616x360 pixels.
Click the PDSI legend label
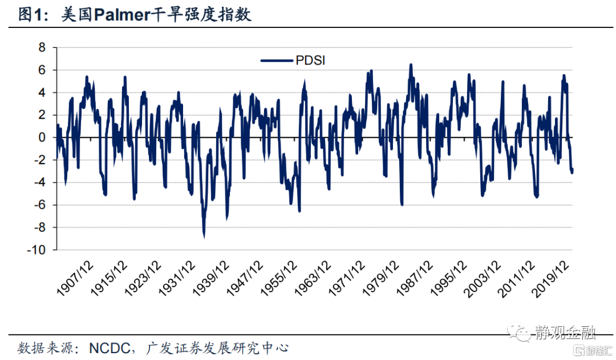point(310,60)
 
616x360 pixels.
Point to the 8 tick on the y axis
point(41,47)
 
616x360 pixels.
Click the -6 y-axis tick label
point(38,205)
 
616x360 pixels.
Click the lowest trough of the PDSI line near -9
point(204,236)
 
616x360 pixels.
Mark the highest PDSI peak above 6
point(411,64)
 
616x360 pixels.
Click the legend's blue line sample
point(277,60)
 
